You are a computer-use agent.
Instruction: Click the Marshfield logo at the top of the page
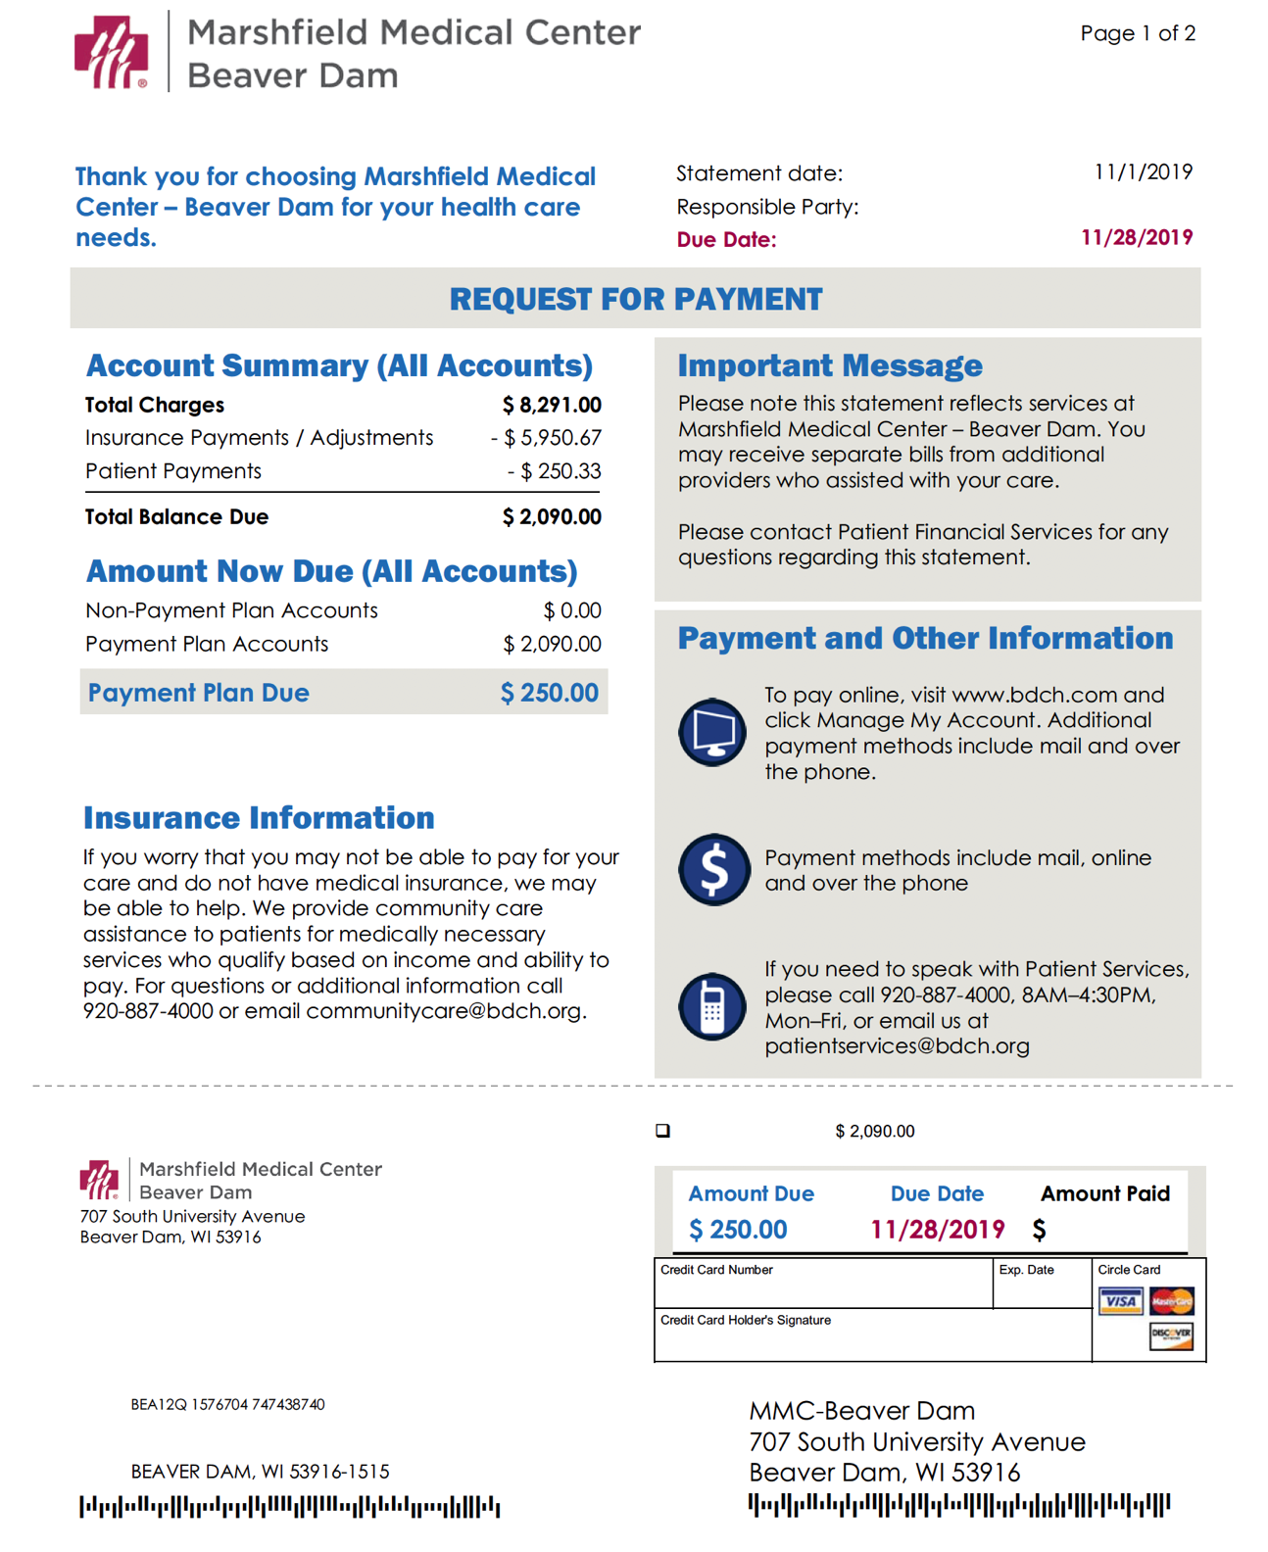[111, 52]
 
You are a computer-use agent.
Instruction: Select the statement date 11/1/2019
[1143, 172]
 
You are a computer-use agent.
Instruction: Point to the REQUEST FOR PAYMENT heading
[635, 299]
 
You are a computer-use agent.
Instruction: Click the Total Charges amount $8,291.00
[552, 405]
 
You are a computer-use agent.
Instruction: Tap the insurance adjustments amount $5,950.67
[547, 438]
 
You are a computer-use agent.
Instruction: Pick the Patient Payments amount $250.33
[554, 471]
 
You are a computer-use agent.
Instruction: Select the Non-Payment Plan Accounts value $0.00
[572, 610]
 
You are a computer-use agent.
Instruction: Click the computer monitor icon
[712, 732]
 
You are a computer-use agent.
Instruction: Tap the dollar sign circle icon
[712, 869]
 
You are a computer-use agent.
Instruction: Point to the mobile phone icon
[712, 1006]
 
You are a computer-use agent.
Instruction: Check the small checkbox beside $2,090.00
[663, 1131]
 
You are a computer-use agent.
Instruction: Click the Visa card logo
[1120, 1301]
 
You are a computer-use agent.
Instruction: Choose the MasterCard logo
[1172, 1301]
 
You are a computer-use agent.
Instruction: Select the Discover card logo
[1171, 1334]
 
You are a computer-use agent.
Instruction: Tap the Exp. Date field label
[1026, 1270]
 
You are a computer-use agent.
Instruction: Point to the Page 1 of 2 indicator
[1138, 33]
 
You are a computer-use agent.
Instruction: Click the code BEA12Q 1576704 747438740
[227, 1404]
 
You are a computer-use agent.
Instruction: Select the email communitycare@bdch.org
[445, 1011]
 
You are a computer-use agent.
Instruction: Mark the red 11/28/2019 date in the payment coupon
[937, 1230]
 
